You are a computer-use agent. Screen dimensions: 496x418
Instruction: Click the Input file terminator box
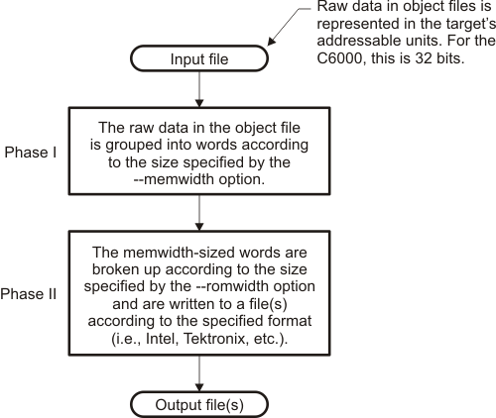click(199, 58)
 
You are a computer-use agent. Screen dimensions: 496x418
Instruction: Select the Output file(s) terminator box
click(199, 404)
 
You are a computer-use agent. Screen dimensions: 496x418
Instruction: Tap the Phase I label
click(31, 153)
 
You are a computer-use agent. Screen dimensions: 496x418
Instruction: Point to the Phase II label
click(29, 294)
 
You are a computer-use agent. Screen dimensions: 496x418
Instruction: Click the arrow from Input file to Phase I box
click(199, 89)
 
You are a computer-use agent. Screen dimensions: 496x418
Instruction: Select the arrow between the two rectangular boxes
click(199, 213)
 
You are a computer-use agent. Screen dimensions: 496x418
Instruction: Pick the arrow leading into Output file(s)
click(199, 373)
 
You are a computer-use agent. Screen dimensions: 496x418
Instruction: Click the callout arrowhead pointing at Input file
click(271, 41)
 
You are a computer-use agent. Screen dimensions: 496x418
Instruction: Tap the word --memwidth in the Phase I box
click(172, 179)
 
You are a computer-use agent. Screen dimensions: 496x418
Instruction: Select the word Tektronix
click(215, 339)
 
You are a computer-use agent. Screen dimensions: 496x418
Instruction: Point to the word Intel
click(160, 339)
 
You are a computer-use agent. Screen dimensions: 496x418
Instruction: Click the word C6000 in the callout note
click(341, 58)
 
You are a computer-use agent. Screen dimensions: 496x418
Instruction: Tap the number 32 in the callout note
click(424, 58)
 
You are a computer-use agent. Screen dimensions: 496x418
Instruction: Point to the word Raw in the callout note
click(329, 7)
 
